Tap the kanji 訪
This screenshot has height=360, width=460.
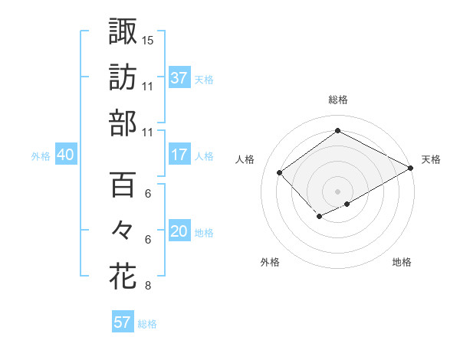point(123,77)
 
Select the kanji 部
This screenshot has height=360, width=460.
point(123,123)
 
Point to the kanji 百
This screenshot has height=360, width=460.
point(123,184)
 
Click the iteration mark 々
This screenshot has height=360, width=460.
point(123,231)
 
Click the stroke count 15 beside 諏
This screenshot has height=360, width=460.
point(148,40)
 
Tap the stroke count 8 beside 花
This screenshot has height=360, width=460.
point(148,286)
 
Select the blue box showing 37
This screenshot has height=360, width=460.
point(179,77)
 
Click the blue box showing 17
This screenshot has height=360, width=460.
point(179,155)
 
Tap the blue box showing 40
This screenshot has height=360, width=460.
point(66,155)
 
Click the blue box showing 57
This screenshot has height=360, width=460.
point(123,322)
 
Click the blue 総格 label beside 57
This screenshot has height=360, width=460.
point(147,324)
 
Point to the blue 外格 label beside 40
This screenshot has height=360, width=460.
point(41,156)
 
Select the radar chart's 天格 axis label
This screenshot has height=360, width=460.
point(431,159)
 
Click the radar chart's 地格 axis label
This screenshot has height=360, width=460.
point(402,262)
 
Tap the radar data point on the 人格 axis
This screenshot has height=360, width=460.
point(280,172)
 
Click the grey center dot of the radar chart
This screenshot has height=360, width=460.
point(337,190)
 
